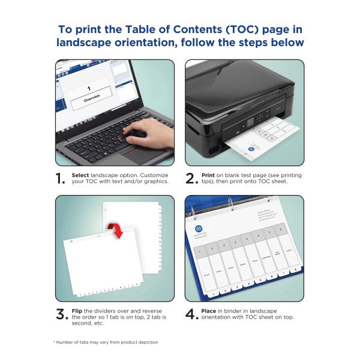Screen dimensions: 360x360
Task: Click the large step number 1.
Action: [60, 178]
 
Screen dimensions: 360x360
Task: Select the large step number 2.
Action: [191, 178]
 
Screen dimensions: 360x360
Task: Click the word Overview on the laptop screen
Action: [92, 97]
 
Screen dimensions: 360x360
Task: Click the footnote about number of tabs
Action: [106, 342]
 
